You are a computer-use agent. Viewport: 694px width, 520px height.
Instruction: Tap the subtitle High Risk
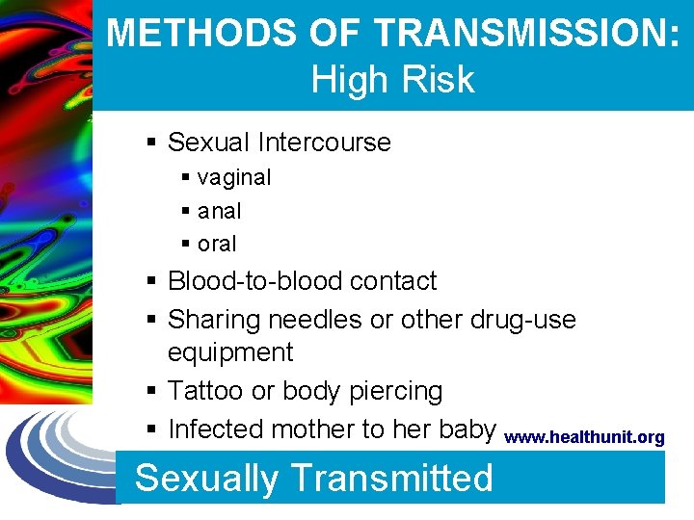click(x=393, y=79)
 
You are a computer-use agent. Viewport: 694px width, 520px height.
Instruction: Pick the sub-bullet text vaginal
click(x=234, y=177)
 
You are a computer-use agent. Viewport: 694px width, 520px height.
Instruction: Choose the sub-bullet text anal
click(x=220, y=211)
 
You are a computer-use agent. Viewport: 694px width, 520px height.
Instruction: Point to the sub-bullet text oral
click(x=217, y=244)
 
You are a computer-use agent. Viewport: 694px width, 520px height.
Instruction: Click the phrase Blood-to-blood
click(x=255, y=281)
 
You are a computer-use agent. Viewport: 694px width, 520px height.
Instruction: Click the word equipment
click(x=230, y=352)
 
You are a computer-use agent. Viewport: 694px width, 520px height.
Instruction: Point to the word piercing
click(x=395, y=391)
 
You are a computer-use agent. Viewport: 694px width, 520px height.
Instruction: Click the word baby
click(x=466, y=429)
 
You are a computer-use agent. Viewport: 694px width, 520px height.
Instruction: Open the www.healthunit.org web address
click(x=584, y=438)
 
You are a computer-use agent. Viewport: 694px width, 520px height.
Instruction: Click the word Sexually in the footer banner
click(x=205, y=478)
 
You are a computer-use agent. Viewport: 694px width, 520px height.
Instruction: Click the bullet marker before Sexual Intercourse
click(x=152, y=143)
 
